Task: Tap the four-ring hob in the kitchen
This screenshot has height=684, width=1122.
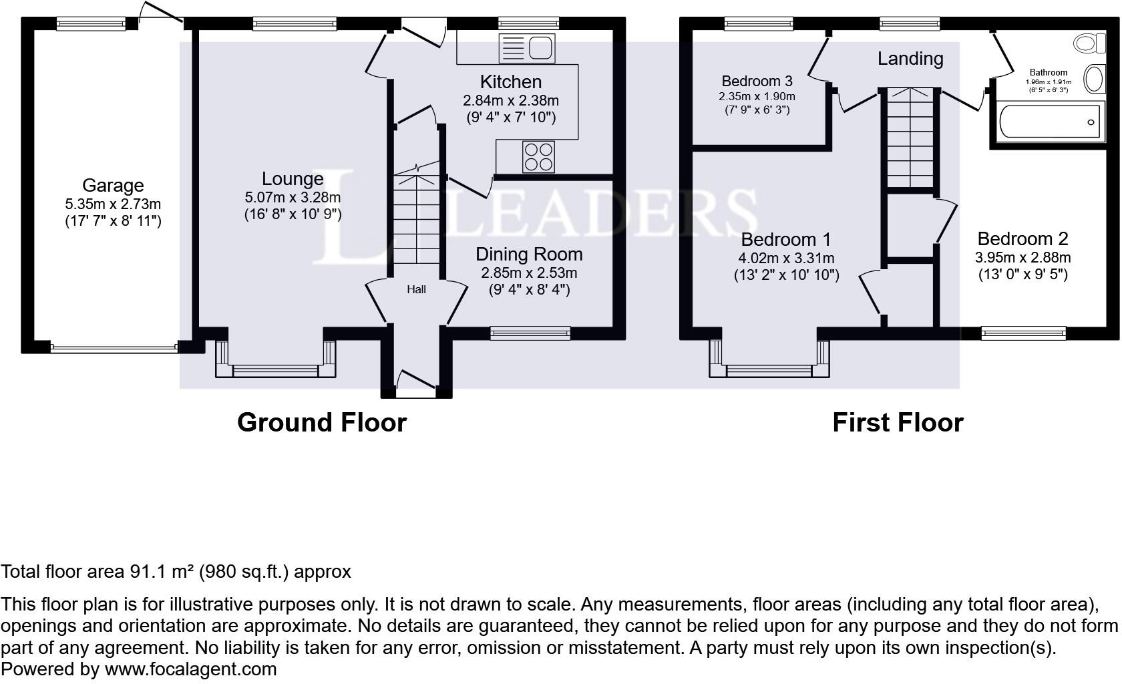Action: click(x=539, y=157)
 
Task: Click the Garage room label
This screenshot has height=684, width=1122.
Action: click(x=113, y=186)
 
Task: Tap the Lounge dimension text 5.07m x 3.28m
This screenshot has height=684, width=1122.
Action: click(x=293, y=198)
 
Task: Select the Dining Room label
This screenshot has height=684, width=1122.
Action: click(x=529, y=254)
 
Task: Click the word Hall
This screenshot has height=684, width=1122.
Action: click(x=417, y=289)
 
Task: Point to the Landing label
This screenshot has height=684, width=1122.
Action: click(x=910, y=59)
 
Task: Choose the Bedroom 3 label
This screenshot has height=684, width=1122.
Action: click(x=757, y=81)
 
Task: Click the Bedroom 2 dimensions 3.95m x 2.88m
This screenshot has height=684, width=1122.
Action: click(x=1023, y=258)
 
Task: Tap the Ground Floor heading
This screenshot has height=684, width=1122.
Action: click(x=321, y=423)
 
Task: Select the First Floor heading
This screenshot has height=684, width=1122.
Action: click(x=898, y=423)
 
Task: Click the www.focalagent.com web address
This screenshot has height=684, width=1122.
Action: click(x=191, y=669)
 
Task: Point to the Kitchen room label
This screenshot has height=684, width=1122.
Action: click(x=511, y=82)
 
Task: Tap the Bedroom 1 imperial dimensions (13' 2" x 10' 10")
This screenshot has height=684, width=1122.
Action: click(x=787, y=275)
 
